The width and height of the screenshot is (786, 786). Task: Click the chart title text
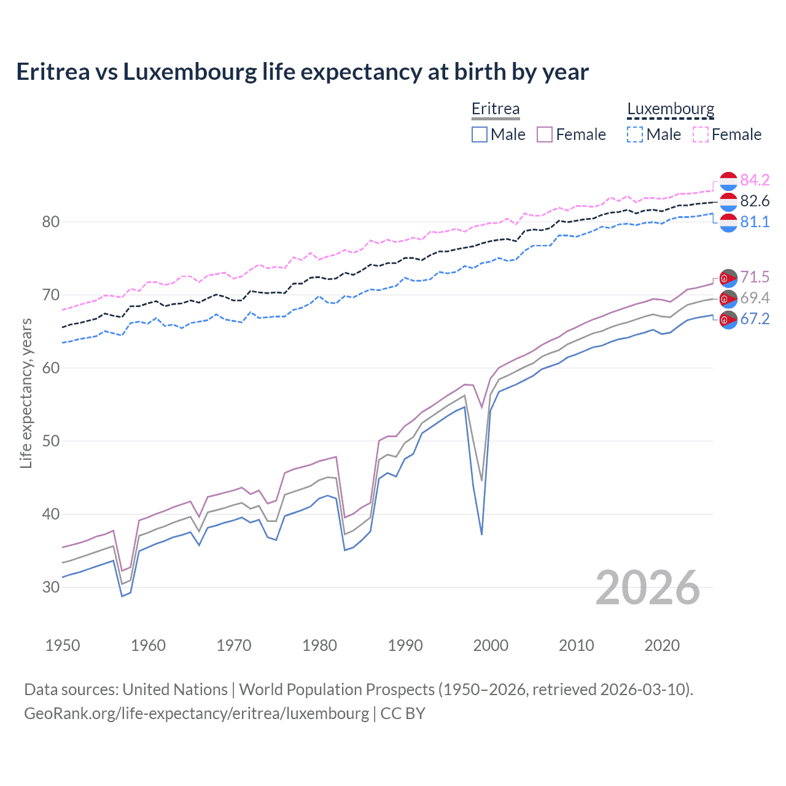(x=302, y=72)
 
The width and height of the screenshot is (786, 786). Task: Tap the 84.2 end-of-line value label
(x=755, y=180)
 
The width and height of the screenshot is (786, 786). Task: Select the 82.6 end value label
(x=755, y=201)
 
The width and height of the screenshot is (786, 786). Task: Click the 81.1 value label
(x=755, y=222)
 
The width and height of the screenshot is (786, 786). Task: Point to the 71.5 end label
(x=755, y=277)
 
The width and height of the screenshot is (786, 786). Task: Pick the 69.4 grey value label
(x=755, y=298)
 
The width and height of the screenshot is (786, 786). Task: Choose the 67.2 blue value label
(x=755, y=319)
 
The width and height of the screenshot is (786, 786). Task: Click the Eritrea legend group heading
(x=496, y=109)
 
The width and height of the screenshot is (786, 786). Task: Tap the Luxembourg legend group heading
(x=671, y=109)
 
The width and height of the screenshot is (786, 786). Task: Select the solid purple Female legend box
(x=545, y=134)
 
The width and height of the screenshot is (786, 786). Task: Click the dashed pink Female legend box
(x=701, y=134)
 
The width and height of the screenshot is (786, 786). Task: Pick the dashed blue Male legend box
(x=635, y=134)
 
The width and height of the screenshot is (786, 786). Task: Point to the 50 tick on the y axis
(x=51, y=441)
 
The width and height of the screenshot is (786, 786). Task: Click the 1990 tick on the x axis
(x=405, y=645)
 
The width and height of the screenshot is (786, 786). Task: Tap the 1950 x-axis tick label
(x=63, y=645)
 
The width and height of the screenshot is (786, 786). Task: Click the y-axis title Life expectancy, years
(x=26, y=393)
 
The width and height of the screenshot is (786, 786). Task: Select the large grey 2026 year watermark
(x=648, y=588)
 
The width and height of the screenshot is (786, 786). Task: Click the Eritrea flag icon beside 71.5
(x=728, y=278)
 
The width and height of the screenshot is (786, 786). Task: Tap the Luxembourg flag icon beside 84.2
(x=728, y=181)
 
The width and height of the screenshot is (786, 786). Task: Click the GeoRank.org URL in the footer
(x=196, y=714)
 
